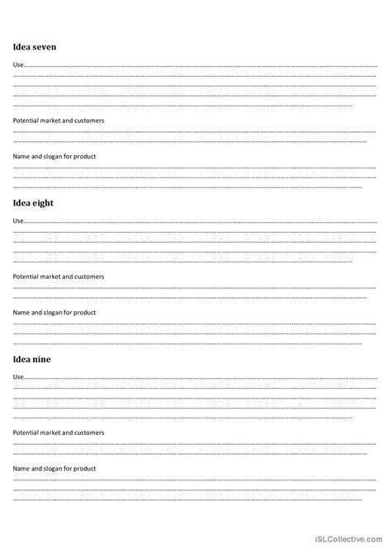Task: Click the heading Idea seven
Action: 35,47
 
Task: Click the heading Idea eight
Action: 32,203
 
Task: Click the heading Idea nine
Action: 31,359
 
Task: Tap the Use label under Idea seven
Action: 18,64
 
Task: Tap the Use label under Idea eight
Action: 18,220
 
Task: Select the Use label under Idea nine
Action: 18,376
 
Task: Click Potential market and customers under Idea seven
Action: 58,121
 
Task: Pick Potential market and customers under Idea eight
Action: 58,276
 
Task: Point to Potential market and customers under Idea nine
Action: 58,432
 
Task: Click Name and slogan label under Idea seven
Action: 54,157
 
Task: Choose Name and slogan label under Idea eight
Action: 54,313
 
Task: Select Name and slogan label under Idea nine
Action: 54,469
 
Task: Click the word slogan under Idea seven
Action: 55,157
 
